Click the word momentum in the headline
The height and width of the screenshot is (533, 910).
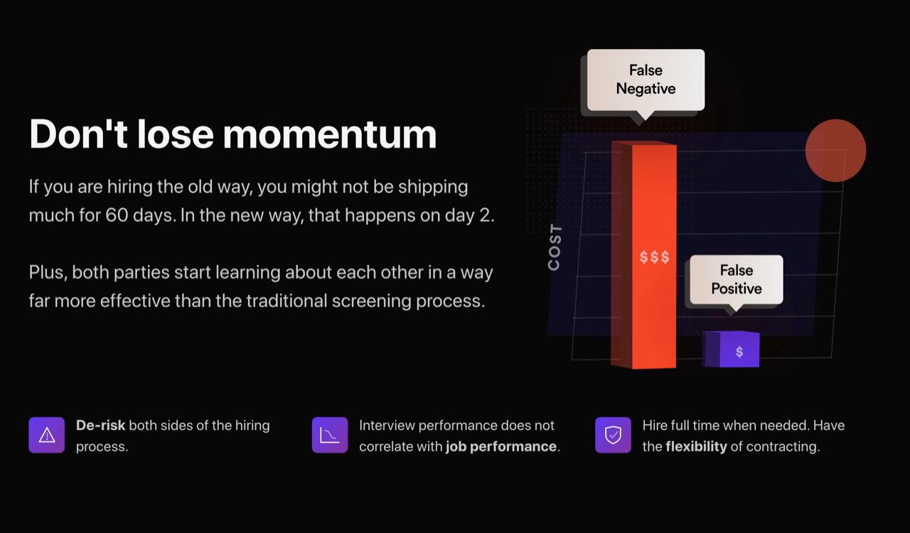click(329, 134)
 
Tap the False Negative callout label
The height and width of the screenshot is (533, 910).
click(646, 80)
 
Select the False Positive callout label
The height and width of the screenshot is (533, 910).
click(737, 279)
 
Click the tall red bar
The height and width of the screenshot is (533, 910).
click(644, 254)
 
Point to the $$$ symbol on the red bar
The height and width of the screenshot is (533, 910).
click(654, 257)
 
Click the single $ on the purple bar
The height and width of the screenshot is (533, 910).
click(739, 351)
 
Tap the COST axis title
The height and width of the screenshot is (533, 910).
click(555, 247)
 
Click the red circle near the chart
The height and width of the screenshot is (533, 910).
click(835, 151)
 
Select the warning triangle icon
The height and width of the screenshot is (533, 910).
click(47, 435)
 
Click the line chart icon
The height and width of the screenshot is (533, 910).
click(330, 435)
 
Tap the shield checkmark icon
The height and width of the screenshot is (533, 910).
click(613, 435)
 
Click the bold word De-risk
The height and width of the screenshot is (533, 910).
click(100, 426)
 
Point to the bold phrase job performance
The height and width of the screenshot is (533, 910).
click(501, 447)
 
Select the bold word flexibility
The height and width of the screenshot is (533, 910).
click(696, 446)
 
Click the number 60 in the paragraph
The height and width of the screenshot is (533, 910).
click(117, 215)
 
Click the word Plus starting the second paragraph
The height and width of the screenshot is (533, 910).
click(48, 272)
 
